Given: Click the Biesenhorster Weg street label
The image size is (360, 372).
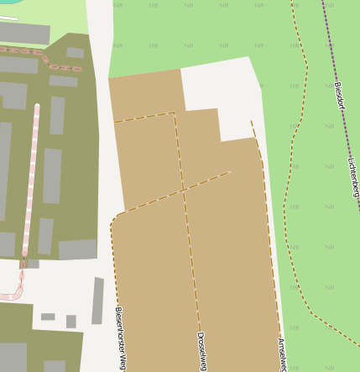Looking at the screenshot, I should coord(121,338).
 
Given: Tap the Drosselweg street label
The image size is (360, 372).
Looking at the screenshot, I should coord(201,349).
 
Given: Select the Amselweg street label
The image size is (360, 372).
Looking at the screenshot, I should coord(283,352).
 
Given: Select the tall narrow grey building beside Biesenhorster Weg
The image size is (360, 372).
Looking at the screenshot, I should coord(97,300).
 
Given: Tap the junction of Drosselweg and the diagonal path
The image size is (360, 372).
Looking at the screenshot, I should coord(182,191).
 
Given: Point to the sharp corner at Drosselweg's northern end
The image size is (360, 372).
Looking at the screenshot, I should coord(174,113).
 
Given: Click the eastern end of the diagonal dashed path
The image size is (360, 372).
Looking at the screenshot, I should coord(229,172).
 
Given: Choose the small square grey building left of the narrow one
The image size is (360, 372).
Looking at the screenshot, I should coord(71,321).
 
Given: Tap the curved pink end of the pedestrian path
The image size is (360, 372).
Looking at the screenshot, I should coord(12,293).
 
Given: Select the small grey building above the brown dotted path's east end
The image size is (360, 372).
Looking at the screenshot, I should coord(75,52).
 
